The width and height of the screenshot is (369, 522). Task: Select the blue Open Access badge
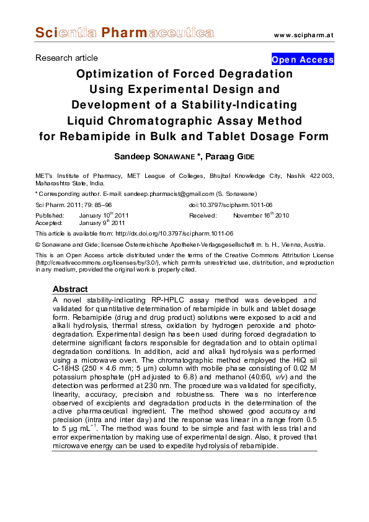coord(303,60)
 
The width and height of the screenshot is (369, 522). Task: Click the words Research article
coord(66,58)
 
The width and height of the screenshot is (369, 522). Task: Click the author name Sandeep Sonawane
coord(165,156)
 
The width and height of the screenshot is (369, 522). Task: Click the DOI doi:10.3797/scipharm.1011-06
coord(231,205)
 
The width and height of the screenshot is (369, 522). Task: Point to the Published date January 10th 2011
coord(104,216)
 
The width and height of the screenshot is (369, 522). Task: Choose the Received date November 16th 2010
coord(261,216)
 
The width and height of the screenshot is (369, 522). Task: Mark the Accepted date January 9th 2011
coord(102,223)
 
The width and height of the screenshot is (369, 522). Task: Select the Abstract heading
coord(70,289)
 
